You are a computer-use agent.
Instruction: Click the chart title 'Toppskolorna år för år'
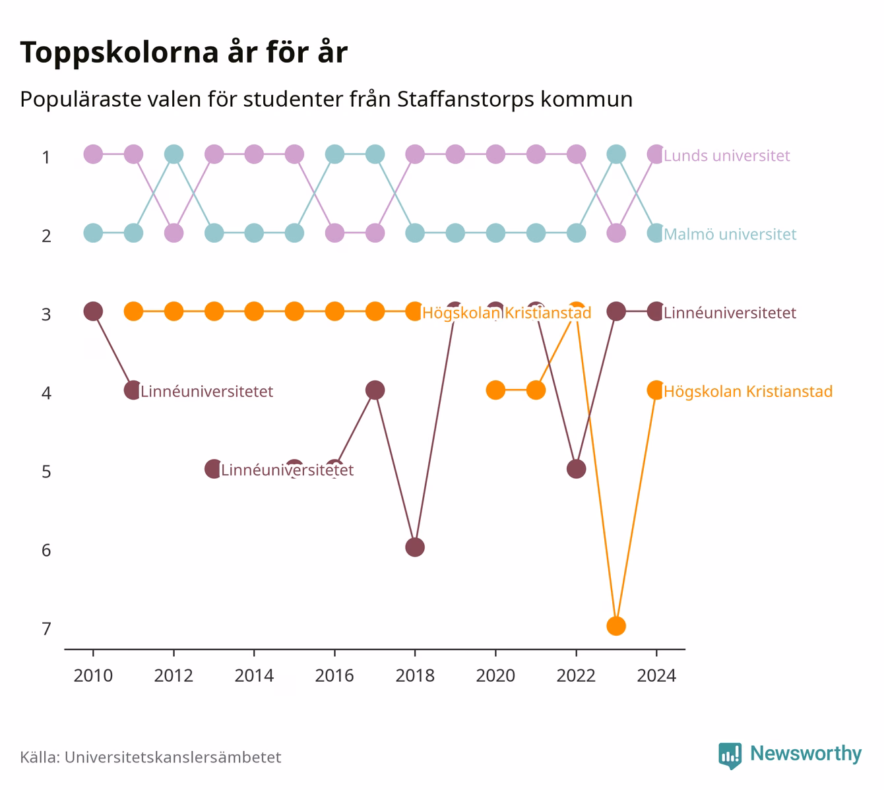(183, 52)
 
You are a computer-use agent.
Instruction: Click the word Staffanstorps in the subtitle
(466, 100)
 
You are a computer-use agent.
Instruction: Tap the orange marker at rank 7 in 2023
(616, 626)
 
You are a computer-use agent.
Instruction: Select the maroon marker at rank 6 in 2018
(415, 547)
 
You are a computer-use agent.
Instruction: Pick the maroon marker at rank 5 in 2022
(576, 469)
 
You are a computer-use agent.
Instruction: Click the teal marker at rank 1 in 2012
(174, 154)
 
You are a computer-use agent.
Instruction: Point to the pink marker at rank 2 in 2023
(616, 233)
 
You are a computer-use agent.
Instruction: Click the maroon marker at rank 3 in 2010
(93, 311)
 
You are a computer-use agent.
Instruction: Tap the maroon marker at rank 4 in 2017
(375, 390)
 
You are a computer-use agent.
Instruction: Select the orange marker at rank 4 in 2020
(495, 390)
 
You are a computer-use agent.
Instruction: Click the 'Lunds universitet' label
(726, 155)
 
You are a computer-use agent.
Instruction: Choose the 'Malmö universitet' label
(730, 234)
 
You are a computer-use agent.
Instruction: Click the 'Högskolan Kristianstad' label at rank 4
(748, 391)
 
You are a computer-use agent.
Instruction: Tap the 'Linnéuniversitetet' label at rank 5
(287, 470)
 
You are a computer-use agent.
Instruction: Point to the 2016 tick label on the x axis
(334, 676)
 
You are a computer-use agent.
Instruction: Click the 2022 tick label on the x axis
(576, 676)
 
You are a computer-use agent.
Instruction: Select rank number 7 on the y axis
(46, 628)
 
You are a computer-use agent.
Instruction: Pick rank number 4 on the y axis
(46, 393)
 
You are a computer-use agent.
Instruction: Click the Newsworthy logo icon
(730, 756)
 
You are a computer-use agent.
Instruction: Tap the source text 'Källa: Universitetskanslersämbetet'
(150, 757)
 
